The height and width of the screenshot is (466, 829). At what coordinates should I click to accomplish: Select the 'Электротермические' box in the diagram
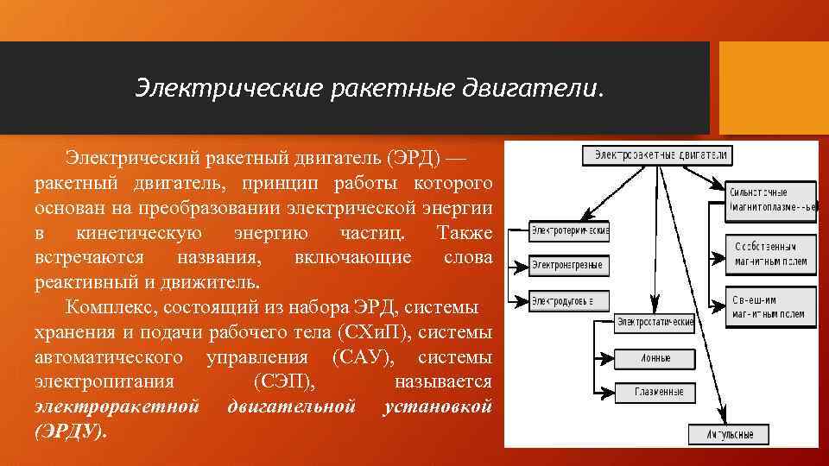pyautogui.click(x=569, y=230)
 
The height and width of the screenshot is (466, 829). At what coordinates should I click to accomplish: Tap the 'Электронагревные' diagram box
pyautogui.click(x=567, y=265)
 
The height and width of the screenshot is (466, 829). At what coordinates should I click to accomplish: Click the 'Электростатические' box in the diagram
pyautogui.click(x=655, y=322)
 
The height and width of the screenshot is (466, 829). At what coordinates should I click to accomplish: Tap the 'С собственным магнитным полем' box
pyautogui.click(x=770, y=254)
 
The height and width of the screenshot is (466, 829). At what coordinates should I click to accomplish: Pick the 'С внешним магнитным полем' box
pyautogui.click(x=770, y=307)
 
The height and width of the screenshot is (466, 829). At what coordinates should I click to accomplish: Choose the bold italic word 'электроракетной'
pyautogui.click(x=117, y=406)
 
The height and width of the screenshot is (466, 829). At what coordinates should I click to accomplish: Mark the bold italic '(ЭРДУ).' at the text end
pyautogui.click(x=72, y=431)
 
